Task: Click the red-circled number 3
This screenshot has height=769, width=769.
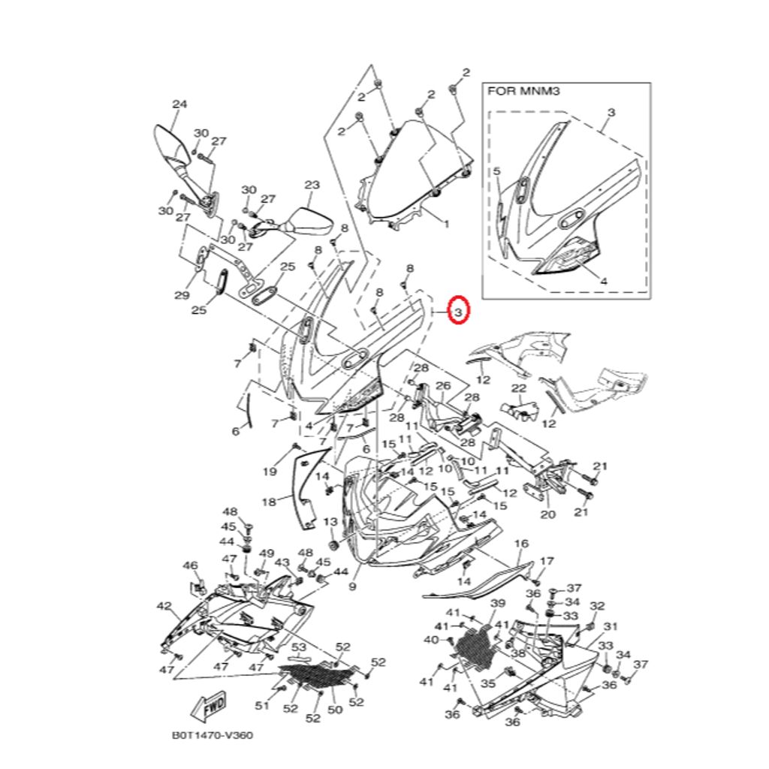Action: click(458, 309)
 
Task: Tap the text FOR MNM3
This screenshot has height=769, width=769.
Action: click(524, 92)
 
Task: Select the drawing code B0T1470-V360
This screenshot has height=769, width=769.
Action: click(213, 735)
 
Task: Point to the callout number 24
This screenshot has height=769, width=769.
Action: click(179, 104)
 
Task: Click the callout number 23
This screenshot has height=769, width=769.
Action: click(312, 185)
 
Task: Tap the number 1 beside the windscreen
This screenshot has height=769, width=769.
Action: click(446, 224)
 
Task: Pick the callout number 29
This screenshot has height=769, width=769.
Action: click(182, 295)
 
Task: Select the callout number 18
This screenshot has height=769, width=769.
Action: click(269, 501)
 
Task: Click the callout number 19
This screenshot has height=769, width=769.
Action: click(270, 472)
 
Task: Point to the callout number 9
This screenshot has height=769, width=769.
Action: click(352, 586)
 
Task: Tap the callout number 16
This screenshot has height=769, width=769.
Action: click(521, 544)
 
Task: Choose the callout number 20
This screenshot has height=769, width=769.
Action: click(548, 515)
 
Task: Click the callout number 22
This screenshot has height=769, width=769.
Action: click(520, 388)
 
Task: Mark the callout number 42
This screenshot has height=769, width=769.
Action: click(164, 606)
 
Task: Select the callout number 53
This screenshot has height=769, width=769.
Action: click(298, 647)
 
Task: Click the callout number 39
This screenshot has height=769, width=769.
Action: click(497, 604)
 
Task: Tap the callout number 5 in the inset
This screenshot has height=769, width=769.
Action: click(496, 172)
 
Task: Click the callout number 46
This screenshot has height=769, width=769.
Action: click(191, 565)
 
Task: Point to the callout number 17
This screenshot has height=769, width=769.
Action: click(547, 561)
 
